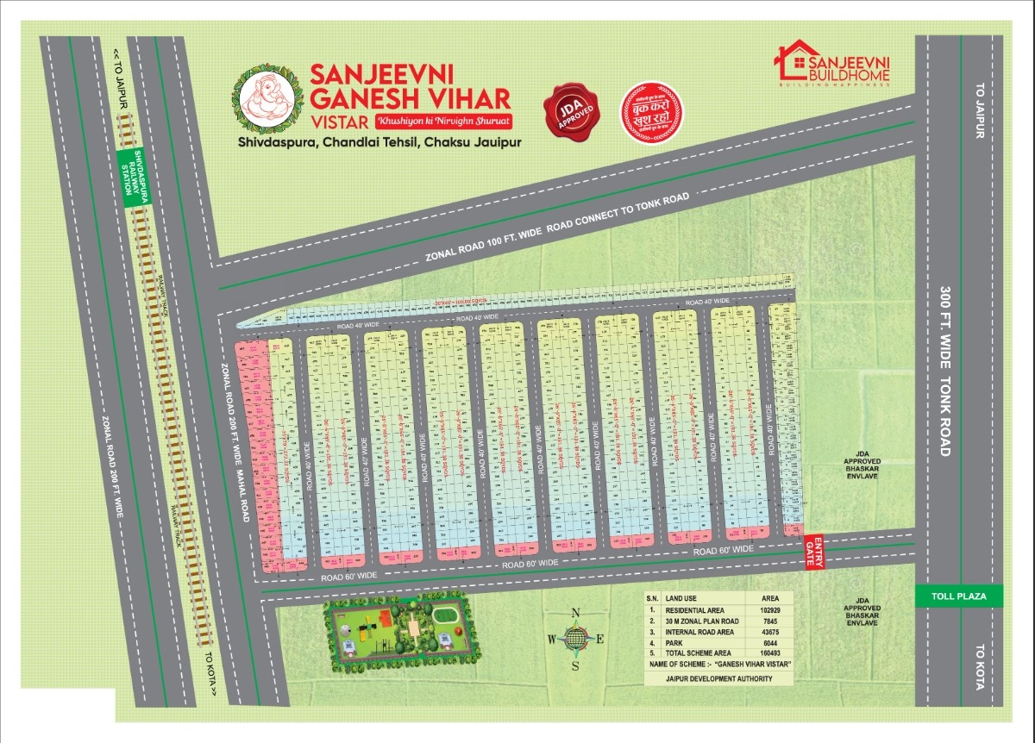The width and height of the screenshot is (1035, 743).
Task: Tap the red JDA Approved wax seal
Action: coord(571,114)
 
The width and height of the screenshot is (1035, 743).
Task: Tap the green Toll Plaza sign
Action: coord(960,596)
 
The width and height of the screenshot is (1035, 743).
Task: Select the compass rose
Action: coord(575,639)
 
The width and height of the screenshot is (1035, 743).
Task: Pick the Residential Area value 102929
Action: coord(769,609)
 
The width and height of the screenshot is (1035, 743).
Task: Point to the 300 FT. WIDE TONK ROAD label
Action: coord(945,371)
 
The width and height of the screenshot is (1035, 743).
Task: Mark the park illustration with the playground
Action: coord(397,631)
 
